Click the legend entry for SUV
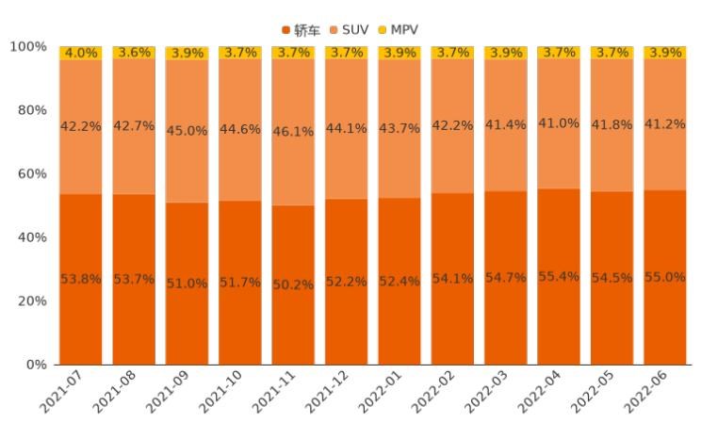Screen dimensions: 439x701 click(350, 29)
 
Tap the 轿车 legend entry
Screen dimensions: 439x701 click(302, 29)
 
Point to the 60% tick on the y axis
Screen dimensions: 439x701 click(33, 174)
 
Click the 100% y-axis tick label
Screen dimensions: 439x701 click(28, 46)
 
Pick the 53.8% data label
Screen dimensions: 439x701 click(80, 279)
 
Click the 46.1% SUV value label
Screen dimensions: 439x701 click(292, 132)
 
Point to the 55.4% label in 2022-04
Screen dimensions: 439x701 click(559, 276)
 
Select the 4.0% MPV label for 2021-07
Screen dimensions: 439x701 click(80, 53)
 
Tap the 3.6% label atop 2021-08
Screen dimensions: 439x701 click(133, 53)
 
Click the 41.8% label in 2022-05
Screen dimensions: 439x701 click(611, 125)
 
